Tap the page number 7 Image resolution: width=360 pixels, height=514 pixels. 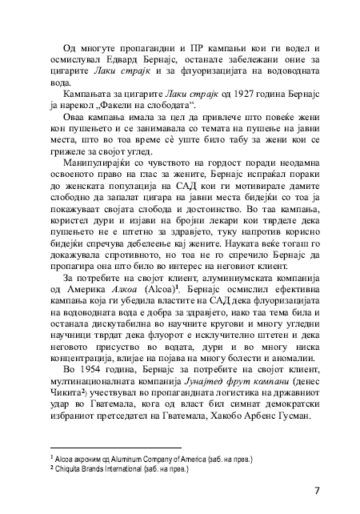pyautogui.click(x=317, y=488)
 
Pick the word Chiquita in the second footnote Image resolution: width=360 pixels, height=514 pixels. pyautogui.click(x=70, y=469)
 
